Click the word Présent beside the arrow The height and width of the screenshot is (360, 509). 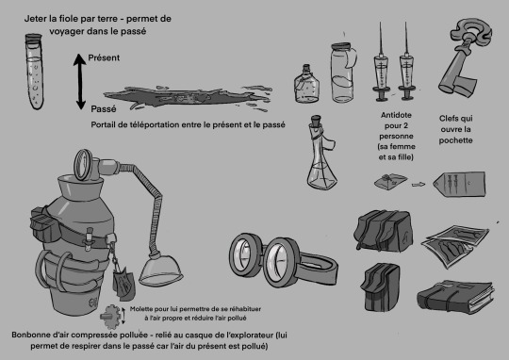click(104, 57)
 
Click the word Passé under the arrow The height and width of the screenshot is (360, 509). click(104, 109)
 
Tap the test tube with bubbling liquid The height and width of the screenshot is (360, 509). click(35, 72)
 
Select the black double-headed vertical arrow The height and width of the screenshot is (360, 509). click(79, 81)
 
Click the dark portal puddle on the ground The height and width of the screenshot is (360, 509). click(187, 98)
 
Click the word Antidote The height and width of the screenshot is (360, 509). click(396, 115)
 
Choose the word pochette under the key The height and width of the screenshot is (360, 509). click(455, 140)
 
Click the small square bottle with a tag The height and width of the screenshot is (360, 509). click(306, 85)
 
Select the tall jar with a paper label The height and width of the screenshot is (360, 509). click(343, 73)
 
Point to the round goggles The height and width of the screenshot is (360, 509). click(283, 261)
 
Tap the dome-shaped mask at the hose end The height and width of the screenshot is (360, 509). click(160, 269)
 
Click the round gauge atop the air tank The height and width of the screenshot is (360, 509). click(83, 165)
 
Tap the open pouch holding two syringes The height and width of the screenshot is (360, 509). click(460, 184)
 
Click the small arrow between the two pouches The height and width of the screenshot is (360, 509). click(419, 185)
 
